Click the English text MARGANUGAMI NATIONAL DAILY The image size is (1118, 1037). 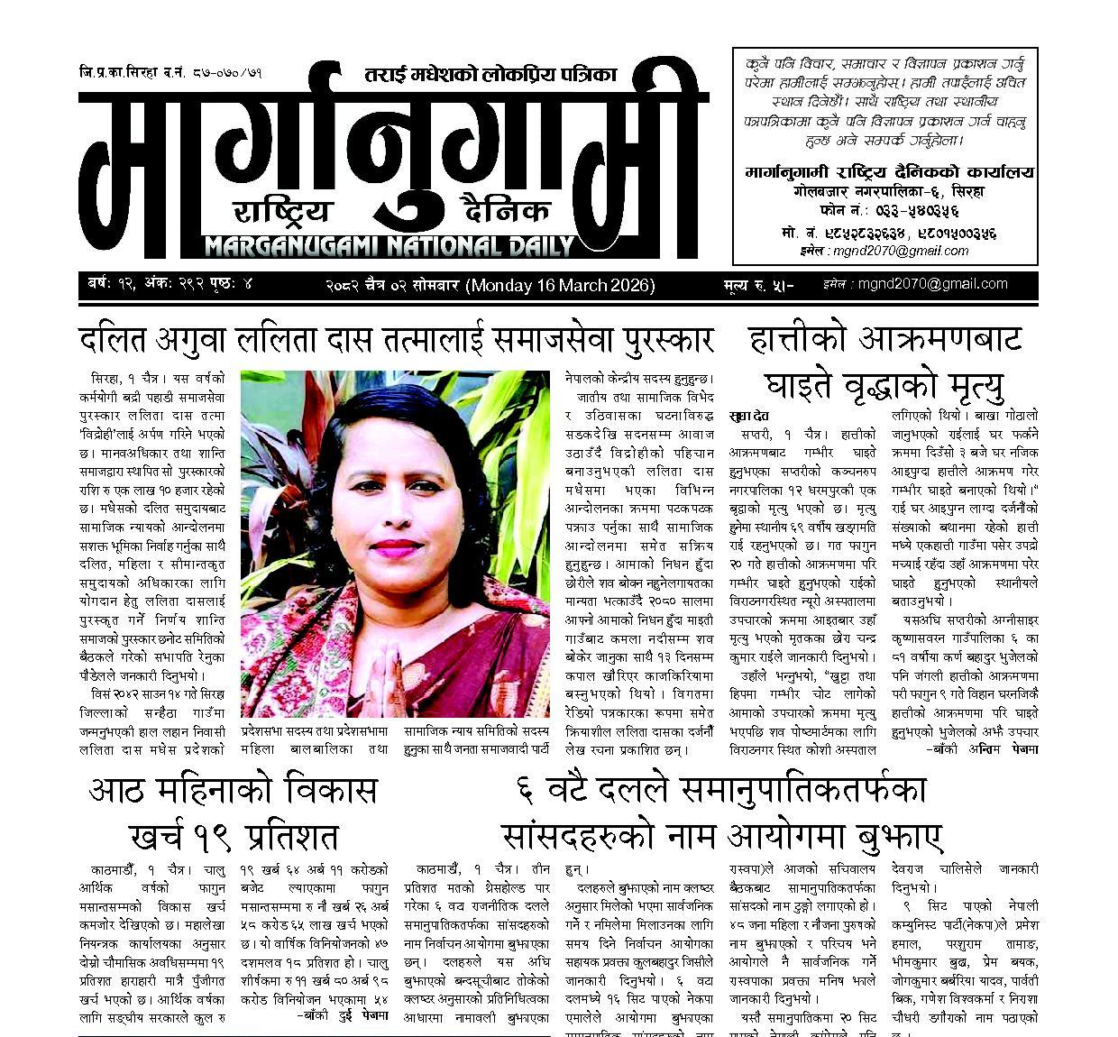click(389, 245)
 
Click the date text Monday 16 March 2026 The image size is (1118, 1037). click(559, 286)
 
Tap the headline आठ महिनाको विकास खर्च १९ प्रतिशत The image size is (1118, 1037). click(233, 812)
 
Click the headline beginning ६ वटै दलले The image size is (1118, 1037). click(721, 812)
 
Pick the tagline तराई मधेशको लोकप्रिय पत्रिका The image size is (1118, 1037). click(490, 76)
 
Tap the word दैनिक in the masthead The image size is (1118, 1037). click(503, 212)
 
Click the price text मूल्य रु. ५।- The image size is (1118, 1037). click(757, 286)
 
